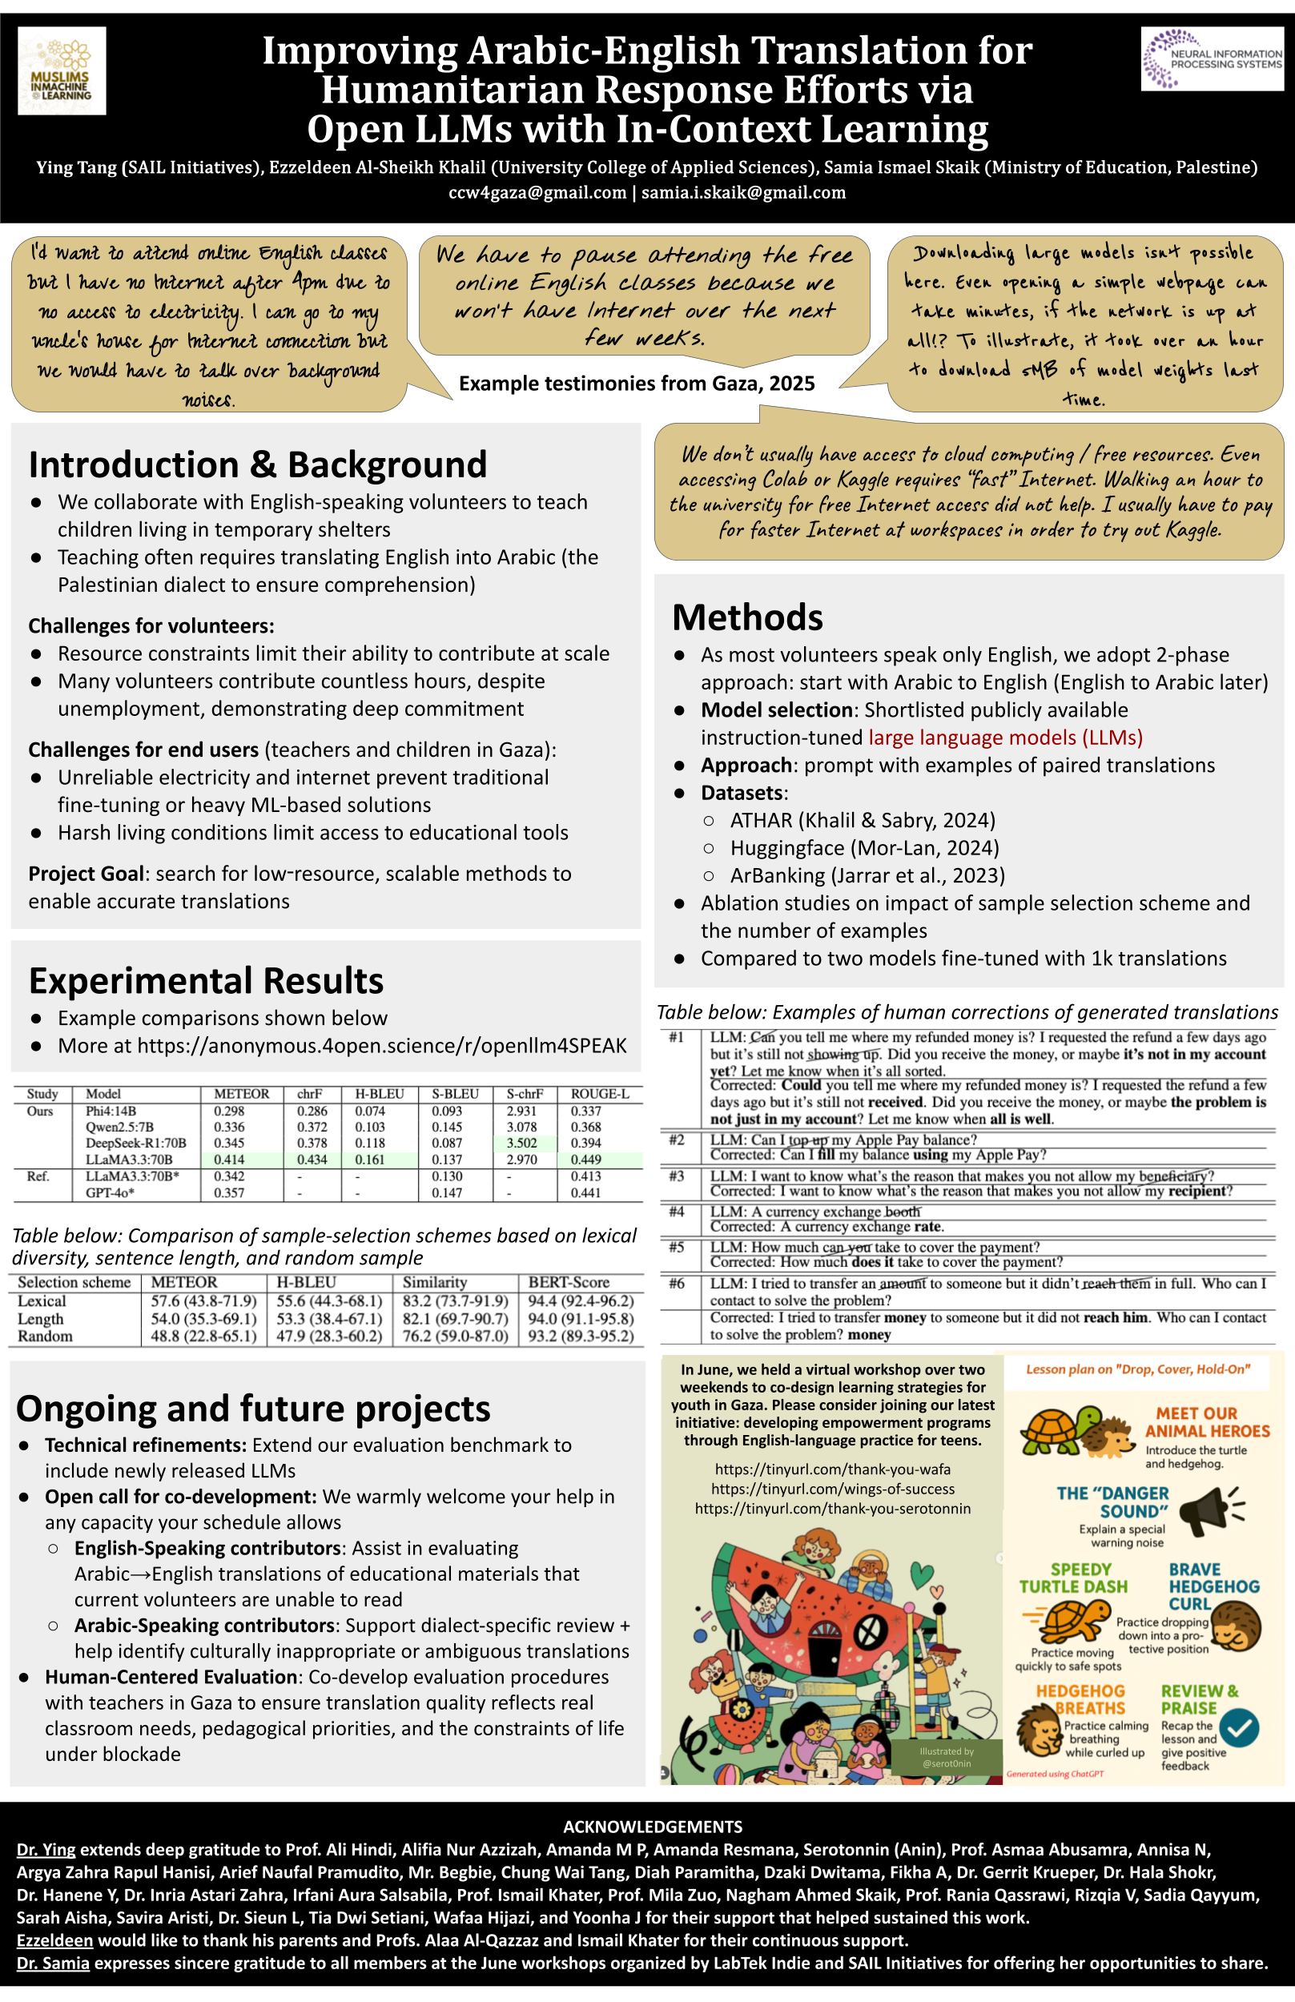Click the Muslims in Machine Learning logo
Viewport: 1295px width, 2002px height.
(62, 70)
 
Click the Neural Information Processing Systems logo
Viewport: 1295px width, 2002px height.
(1211, 58)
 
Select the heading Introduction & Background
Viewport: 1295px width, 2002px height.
(257, 464)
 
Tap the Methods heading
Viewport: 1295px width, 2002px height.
(746, 617)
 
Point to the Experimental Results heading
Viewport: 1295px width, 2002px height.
(206, 980)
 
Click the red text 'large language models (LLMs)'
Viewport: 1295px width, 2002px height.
(1005, 738)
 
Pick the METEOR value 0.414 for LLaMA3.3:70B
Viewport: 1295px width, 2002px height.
(229, 1160)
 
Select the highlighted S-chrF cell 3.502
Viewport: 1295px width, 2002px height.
(521, 1144)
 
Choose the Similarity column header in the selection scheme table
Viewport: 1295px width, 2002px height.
(434, 1282)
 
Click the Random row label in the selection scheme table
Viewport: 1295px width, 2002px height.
(46, 1336)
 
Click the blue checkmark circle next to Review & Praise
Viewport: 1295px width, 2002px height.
(1239, 1728)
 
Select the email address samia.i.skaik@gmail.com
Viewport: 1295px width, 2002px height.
(743, 192)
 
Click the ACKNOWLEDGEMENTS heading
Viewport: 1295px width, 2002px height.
(653, 1827)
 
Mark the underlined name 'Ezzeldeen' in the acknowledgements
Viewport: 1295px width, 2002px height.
(54, 1940)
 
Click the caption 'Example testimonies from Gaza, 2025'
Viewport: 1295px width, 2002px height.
(637, 384)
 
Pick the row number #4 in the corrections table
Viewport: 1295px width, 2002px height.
(676, 1212)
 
